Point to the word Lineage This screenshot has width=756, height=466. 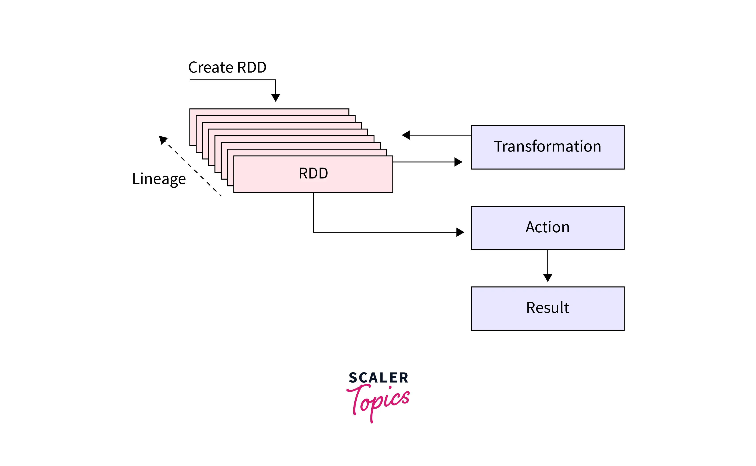tap(159, 179)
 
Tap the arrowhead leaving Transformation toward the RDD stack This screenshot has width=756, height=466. tap(406, 135)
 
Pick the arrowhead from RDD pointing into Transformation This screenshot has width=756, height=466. tap(458, 162)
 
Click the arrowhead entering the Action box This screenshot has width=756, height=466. tap(460, 232)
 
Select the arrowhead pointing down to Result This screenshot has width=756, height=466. tap(547, 277)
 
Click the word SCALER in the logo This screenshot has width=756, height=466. tap(378, 378)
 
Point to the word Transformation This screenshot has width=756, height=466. tap(547, 146)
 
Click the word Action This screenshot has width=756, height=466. tap(547, 227)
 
